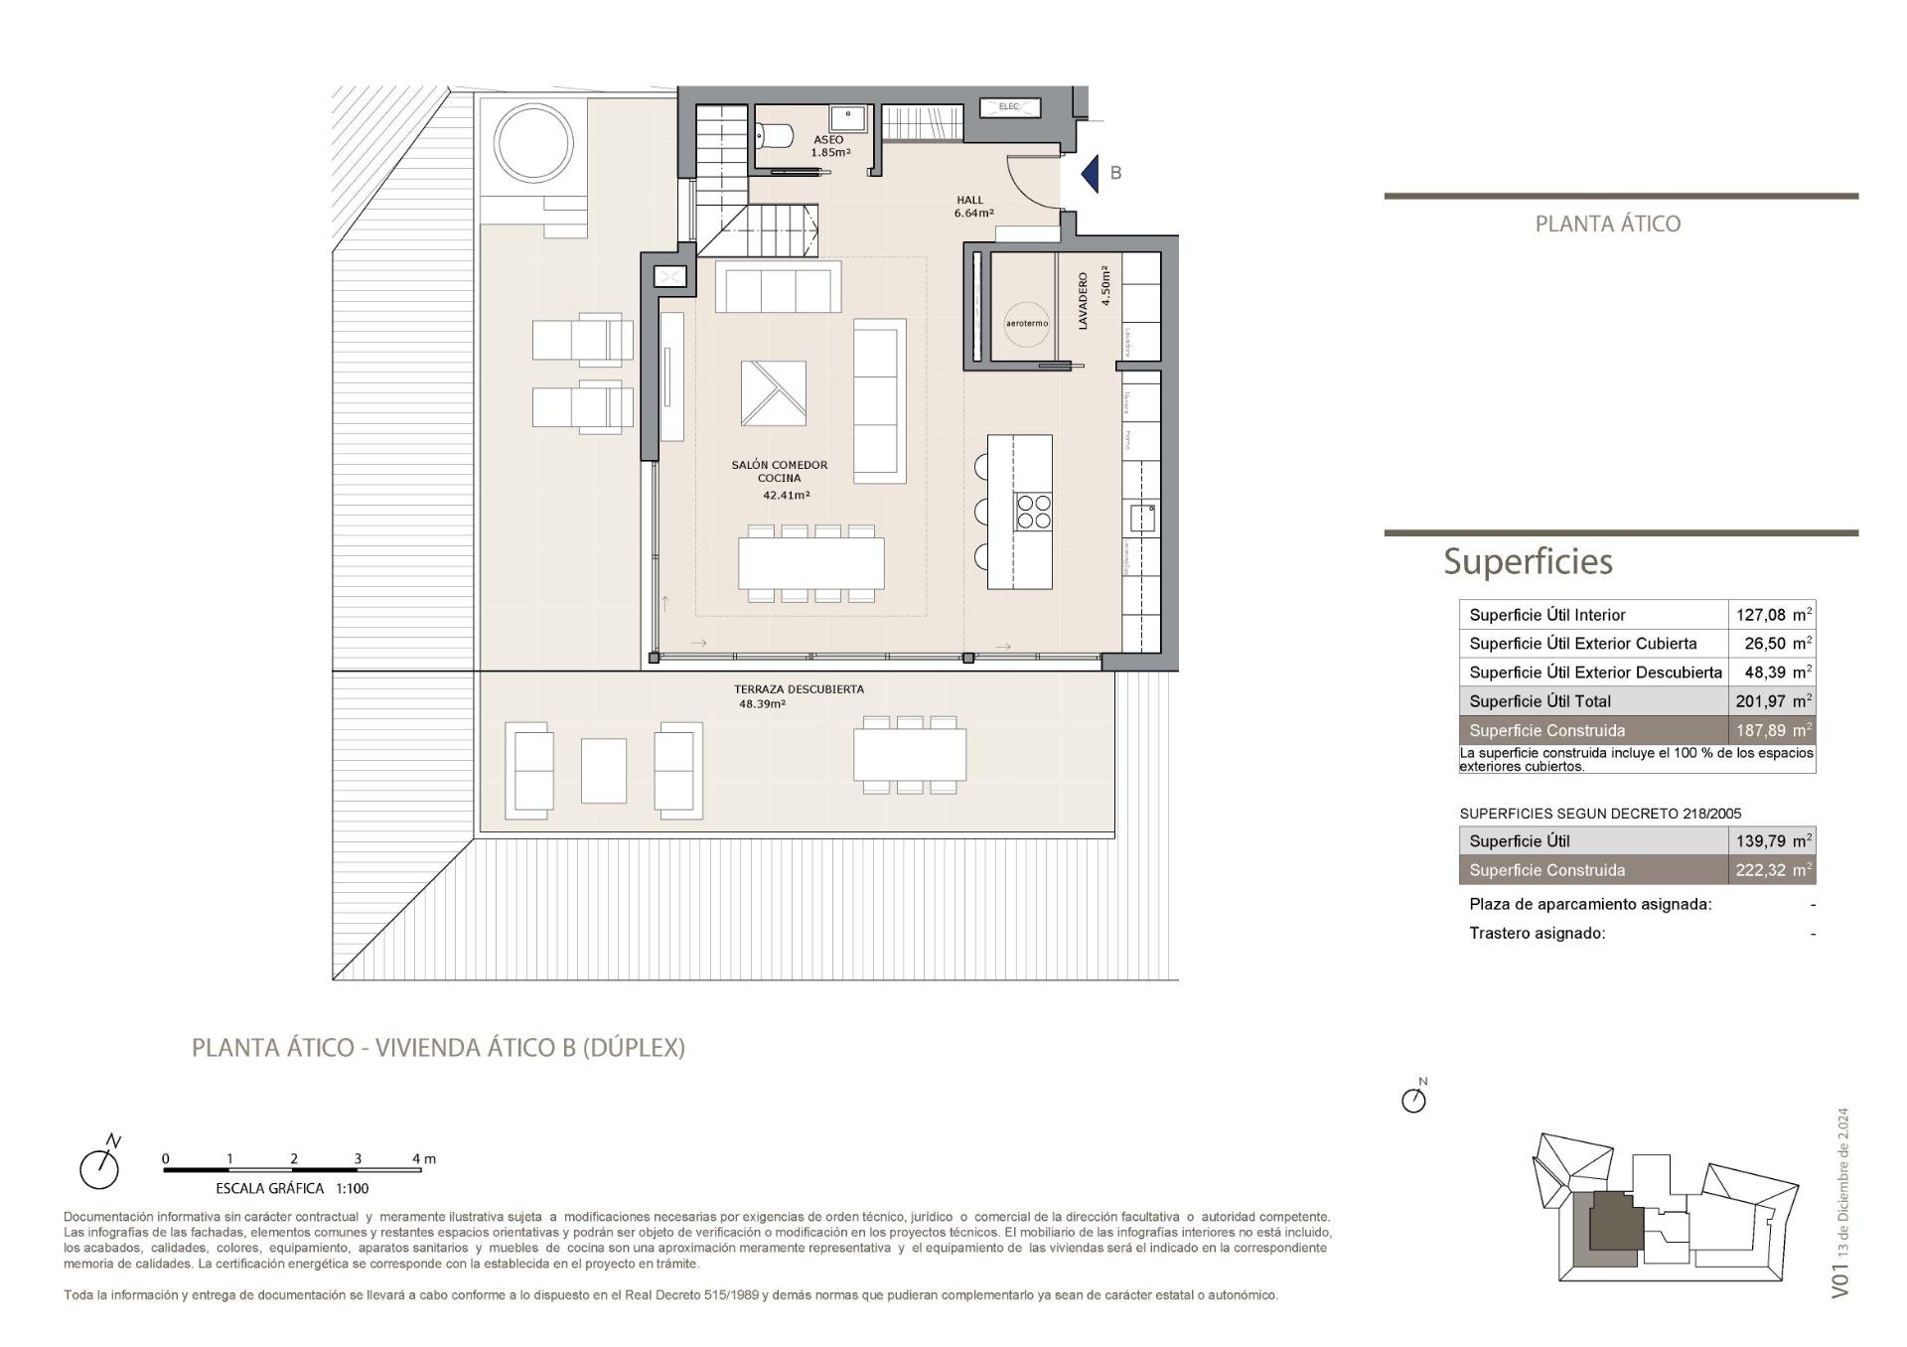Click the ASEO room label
point(828,140)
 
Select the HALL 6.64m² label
point(971,207)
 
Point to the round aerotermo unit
point(1026,324)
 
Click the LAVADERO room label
point(1084,301)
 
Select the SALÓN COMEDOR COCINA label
point(780,472)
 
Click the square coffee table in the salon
point(773,393)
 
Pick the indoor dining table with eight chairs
point(810,563)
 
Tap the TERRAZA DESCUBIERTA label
point(799,688)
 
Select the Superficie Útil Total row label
point(1540,701)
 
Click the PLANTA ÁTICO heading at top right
point(1607,224)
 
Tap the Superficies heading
point(1527,561)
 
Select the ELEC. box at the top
point(1009,106)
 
